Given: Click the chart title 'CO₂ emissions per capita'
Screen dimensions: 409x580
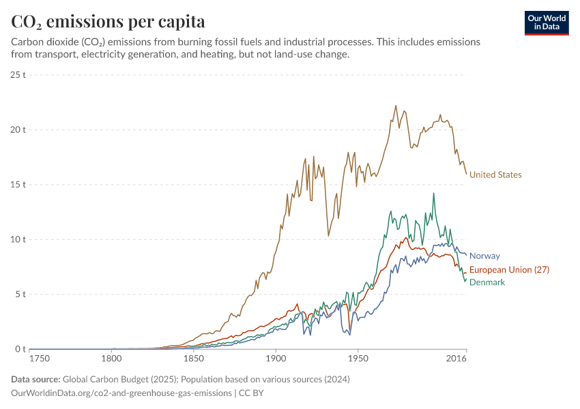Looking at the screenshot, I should pos(108,21).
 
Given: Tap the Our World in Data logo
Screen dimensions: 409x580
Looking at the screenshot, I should pos(547,22).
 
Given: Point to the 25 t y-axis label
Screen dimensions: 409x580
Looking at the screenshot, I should pos(18,74).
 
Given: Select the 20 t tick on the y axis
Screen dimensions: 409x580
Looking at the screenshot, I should pos(18,130).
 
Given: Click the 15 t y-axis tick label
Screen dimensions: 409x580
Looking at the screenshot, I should pos(18,185).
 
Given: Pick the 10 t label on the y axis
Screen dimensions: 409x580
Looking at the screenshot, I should pos(18,239).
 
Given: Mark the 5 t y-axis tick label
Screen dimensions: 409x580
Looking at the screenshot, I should pos(21,294).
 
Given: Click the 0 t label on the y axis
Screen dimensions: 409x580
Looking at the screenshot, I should pos(21,349).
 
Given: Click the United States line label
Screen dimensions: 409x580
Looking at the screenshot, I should pos(495,175).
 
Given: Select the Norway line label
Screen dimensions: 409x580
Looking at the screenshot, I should pos(484,256).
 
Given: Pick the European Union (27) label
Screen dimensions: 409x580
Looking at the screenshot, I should pos(509,270).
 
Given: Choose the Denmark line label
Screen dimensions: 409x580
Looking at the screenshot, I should pos(487,282).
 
